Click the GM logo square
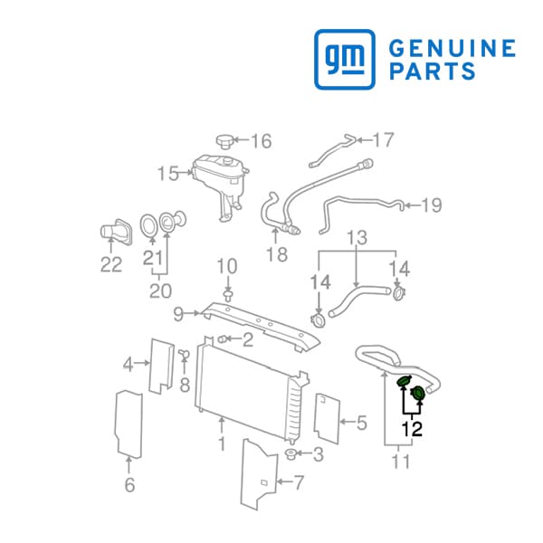pos(345,59)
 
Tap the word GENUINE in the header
pos(452,48)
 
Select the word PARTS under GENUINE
pos(433,71)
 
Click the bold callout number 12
pos(412,429)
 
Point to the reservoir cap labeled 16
pos(225,141)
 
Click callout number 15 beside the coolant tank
pos(168,173)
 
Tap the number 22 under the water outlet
pos(111,264)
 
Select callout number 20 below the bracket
pos(160,291)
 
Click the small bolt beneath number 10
pos(228,296)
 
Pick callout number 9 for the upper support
pos(178,314)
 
